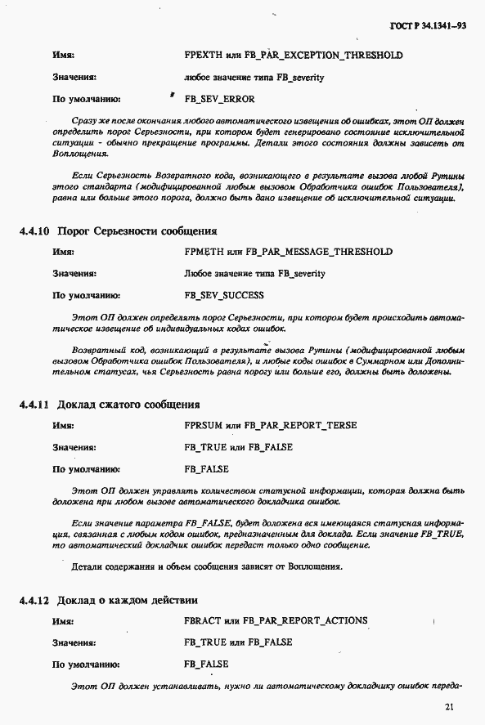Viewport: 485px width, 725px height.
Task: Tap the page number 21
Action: pyautogui.click(x=449, y=707)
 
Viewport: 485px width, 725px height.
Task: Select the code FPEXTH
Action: pyautogui.click(x=202, y=55)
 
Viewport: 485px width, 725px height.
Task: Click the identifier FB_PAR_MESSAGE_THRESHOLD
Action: pyautogui.click(x=318, y=252)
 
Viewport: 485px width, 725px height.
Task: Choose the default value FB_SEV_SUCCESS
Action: pyautogui.click(x=224, y=295)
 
